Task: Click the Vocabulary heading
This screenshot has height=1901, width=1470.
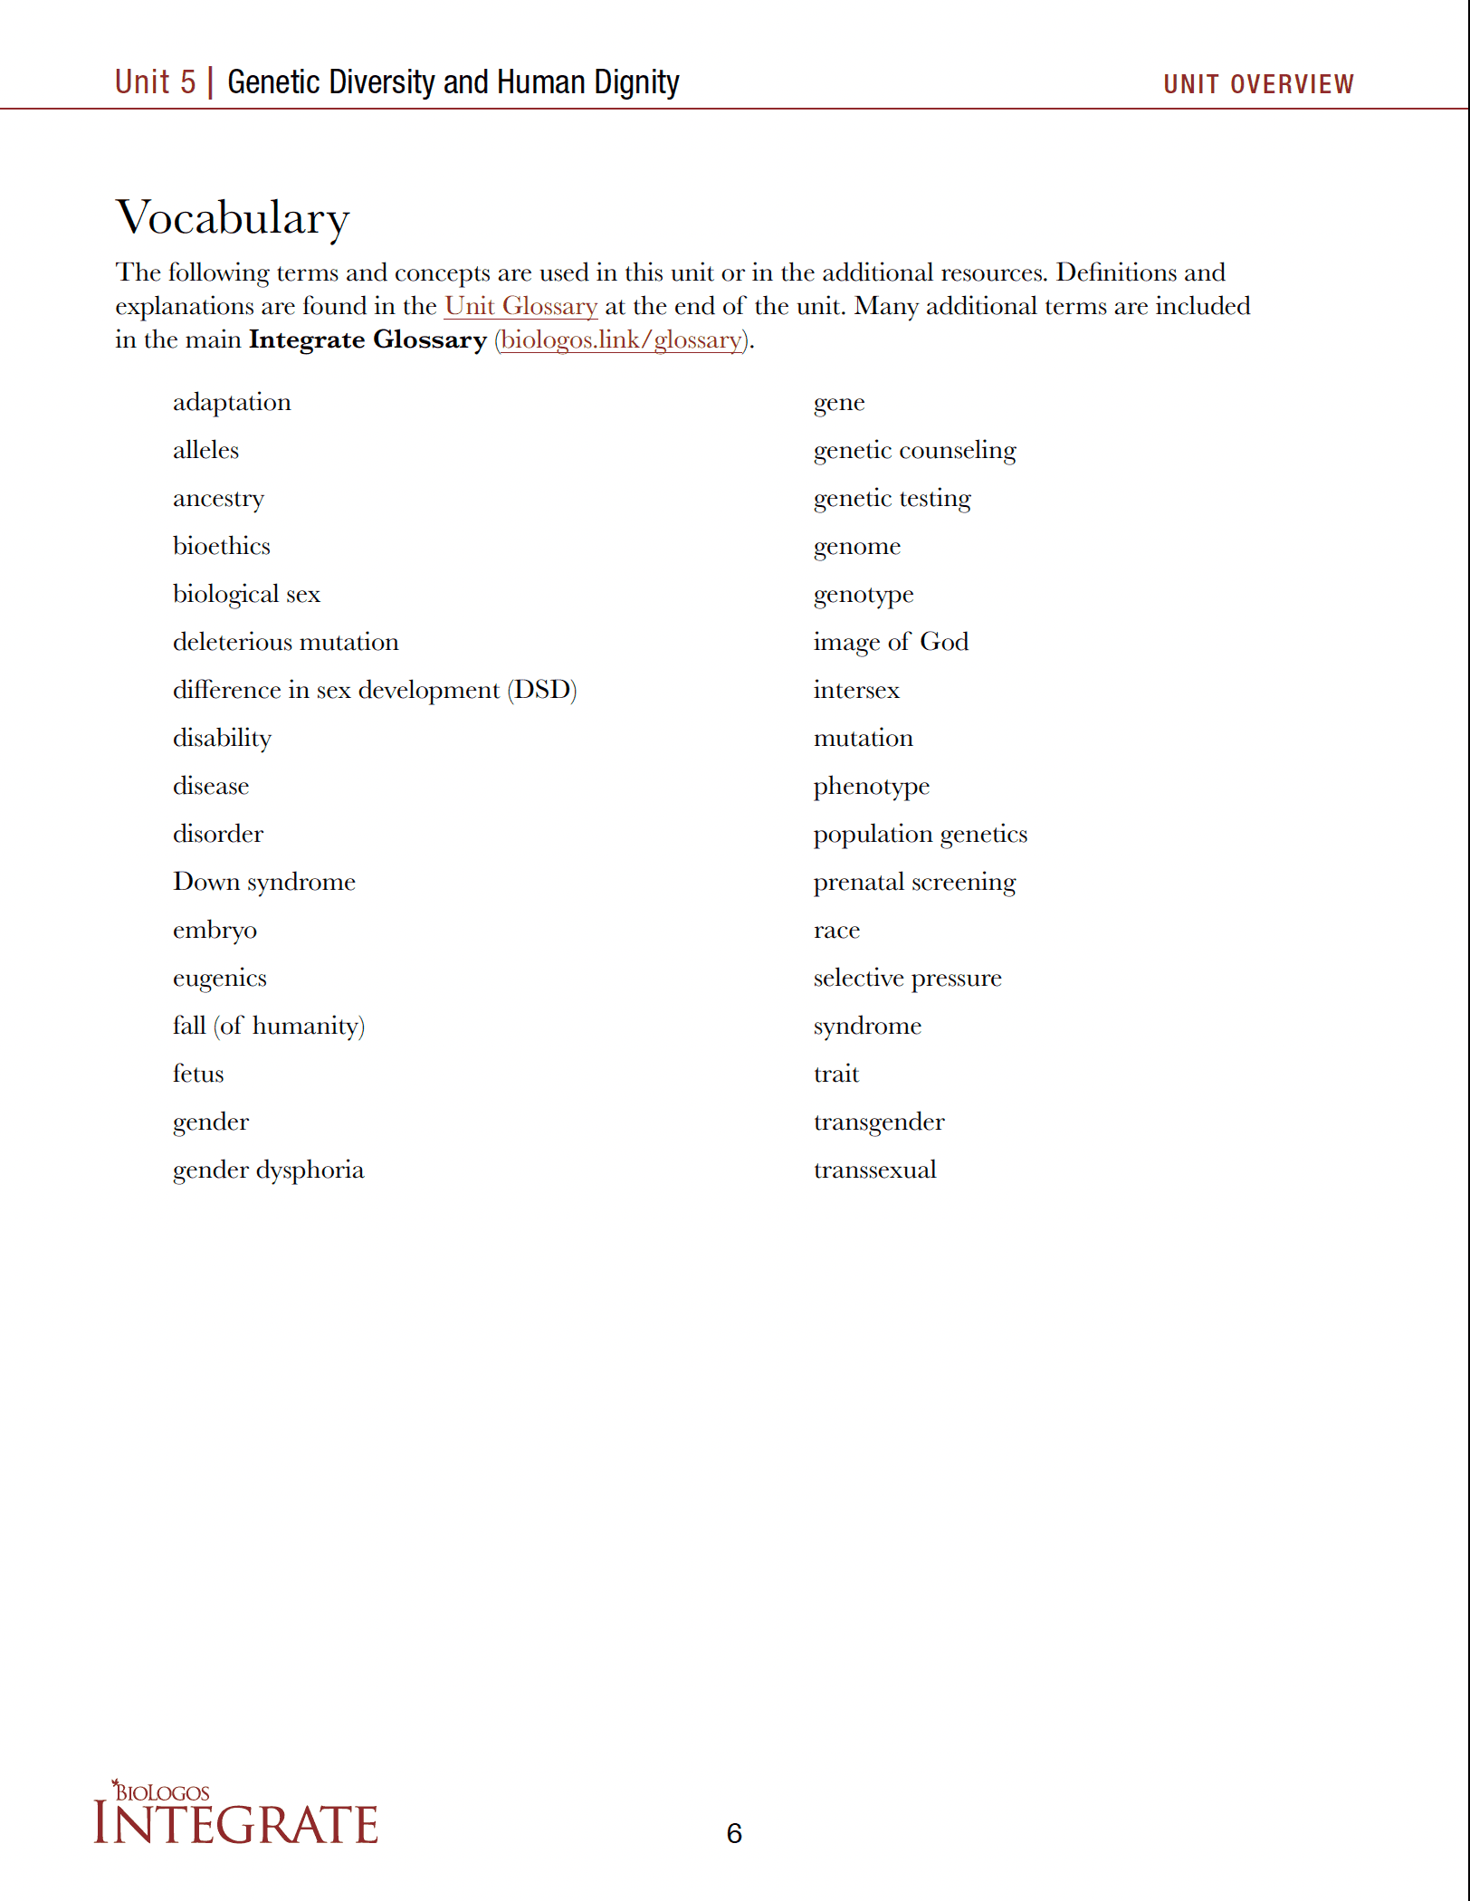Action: (x=233, y=218)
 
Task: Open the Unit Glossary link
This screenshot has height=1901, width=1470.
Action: (x=520, y=306)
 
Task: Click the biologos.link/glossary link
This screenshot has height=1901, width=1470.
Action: (x=622, y=339)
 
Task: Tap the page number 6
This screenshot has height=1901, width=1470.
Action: (x=734, y=1833)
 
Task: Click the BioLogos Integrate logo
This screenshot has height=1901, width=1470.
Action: (x=235, y=1814)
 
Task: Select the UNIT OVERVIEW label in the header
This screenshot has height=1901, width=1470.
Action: (x=1258, y=84)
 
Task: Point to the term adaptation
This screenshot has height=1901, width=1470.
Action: (x=232, y=402)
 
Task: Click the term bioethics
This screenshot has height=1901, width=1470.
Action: (x=221, y=546)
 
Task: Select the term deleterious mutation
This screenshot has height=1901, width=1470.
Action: (x=285, y=642)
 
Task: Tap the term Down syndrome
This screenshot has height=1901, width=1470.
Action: (x=263, y=882)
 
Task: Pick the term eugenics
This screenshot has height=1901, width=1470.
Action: (x=219, y=978)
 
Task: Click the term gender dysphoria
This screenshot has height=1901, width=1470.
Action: (x=268, y=1170)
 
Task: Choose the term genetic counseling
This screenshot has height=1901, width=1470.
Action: (x=914, y=450)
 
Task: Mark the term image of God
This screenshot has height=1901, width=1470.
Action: (x=891, y=642)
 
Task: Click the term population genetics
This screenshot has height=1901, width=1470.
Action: (x=920, y=834)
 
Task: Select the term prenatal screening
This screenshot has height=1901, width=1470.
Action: (x=914, y=882)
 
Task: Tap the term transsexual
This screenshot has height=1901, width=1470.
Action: (x=874, y=1170)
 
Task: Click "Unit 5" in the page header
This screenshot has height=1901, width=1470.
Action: (x=155, y=82)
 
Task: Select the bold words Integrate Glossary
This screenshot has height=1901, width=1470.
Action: (x=367, y=339)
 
